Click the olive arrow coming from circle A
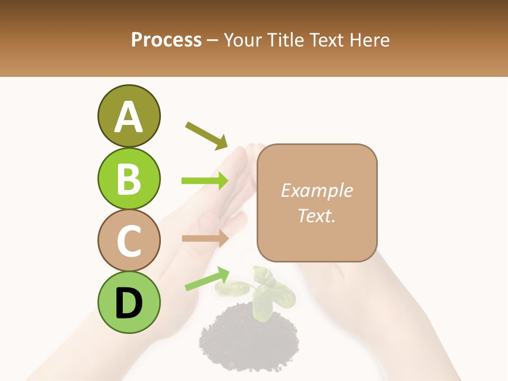click(x=206, y=135)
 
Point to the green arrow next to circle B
click(x=205, y=181)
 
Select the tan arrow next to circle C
click(x=205, y=238)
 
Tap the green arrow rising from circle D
click(x=206, y=279)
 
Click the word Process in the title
click(x=166, y=40)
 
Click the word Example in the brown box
click(x=316, y=191)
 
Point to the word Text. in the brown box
click(x=316, y=215)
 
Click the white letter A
click(x=129, y=117)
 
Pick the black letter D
click(x=129, y=303)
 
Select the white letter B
click(x=129, y=178)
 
